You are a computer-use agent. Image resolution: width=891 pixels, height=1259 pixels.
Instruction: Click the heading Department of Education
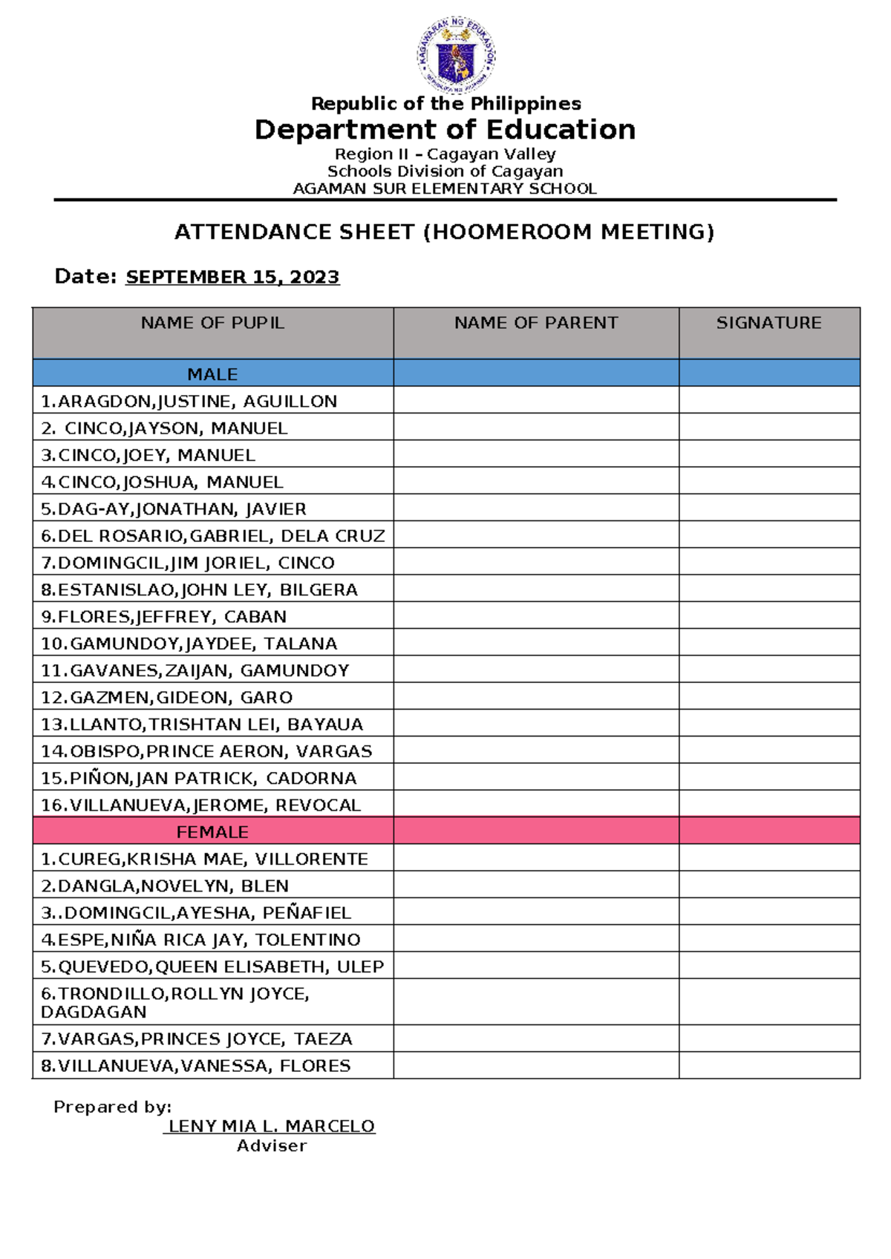coord(445,130)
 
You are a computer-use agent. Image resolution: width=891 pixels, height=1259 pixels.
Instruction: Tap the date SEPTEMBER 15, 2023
coord(232,277)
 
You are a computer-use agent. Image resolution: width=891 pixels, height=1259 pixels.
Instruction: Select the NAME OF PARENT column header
coord(535,323)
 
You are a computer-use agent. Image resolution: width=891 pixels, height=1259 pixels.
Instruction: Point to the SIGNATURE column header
coord(768,323)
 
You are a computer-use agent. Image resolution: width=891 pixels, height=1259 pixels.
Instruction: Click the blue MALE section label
coord(212,374)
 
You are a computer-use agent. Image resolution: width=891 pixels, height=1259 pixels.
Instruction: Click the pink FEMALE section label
coord(212,832)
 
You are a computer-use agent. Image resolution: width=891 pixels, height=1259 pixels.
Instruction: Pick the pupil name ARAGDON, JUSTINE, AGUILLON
coord(189,402)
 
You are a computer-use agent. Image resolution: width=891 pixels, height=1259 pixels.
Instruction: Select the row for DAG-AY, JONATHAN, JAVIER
coord(174,509)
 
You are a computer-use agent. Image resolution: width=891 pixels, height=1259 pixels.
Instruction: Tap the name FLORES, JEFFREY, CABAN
coord(163,617)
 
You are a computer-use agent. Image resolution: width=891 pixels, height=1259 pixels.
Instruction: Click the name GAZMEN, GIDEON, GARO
coord(166,698)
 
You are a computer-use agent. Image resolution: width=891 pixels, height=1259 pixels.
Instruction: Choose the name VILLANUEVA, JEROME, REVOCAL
coord(200,805)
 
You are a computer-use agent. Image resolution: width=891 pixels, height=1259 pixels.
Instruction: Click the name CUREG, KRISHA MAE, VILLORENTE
coord(204,860)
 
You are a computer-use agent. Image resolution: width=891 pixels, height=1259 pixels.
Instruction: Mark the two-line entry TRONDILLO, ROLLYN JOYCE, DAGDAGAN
coord(175,1002)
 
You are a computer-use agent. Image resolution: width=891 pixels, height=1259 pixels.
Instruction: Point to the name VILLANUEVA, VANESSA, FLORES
coord(195,1066)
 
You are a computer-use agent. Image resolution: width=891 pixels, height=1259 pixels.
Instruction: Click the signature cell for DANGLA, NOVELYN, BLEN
coord(768,886)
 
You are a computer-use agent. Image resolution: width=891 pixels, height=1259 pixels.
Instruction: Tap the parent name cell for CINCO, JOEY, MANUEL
coord(535,455)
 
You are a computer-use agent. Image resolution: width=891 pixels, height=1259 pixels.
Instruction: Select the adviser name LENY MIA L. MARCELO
coord(271,1126)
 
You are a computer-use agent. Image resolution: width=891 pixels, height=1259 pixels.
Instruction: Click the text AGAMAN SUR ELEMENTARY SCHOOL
coord(445,189)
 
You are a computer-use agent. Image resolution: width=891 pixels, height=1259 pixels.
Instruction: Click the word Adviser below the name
coord(271,1146)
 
